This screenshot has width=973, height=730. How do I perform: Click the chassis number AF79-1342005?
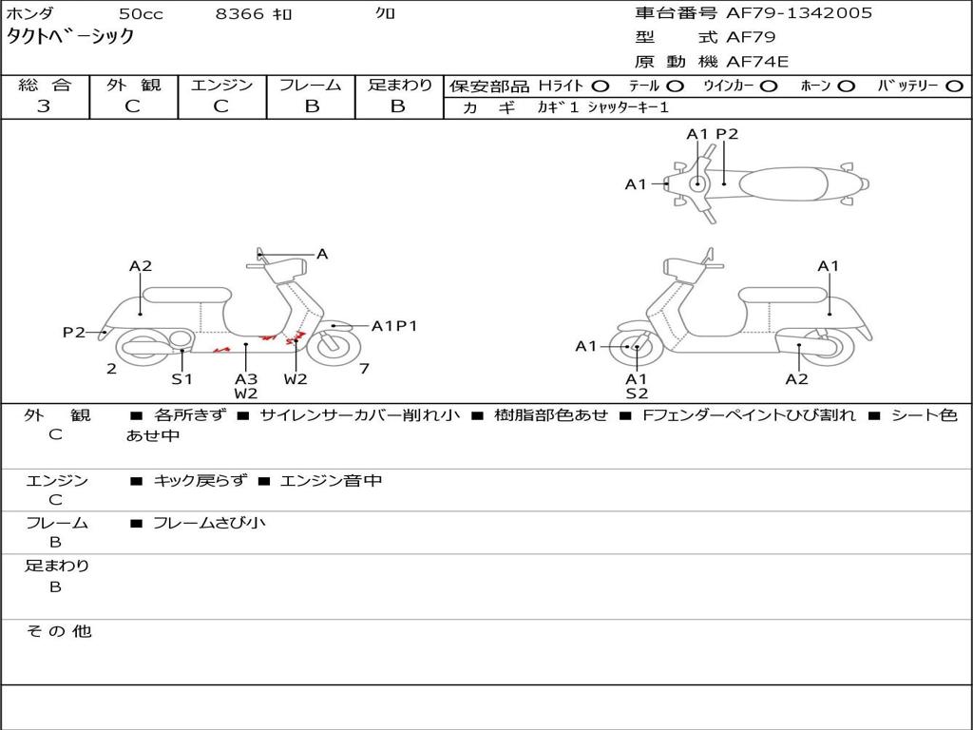point(798,13)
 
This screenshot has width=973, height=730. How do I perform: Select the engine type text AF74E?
point(757,62)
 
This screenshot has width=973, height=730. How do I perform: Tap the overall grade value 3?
point(44,106)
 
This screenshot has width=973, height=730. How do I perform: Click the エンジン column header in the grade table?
point(221,85)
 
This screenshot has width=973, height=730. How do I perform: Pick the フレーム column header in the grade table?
point(311,85)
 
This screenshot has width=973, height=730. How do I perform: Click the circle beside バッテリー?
point(955,86)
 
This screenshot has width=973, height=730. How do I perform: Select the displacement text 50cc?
point(141,13)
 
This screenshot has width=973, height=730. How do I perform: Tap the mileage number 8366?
point(239,13)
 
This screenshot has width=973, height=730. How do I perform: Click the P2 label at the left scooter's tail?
point(74,333)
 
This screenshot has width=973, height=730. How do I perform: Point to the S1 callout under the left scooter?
point(181,378)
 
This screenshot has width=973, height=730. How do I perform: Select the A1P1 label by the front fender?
point(394,326)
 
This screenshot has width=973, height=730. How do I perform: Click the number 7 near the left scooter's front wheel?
point(364,369)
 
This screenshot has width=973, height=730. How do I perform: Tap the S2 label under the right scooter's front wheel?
point(637,393)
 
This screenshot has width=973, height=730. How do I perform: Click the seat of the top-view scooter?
point(784,184)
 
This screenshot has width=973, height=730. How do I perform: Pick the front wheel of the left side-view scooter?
point(334,347)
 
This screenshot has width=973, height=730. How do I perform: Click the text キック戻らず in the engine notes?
point(200,480)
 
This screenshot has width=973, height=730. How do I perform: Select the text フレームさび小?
point(209,524)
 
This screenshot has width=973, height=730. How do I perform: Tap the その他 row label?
point(59,631)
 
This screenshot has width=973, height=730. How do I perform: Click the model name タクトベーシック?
point(70,37)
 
